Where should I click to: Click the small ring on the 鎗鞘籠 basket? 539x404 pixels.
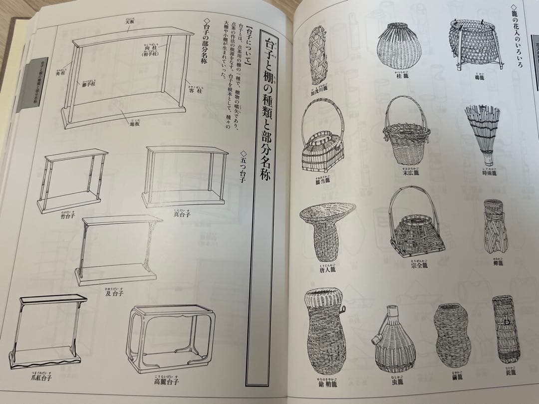342,310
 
